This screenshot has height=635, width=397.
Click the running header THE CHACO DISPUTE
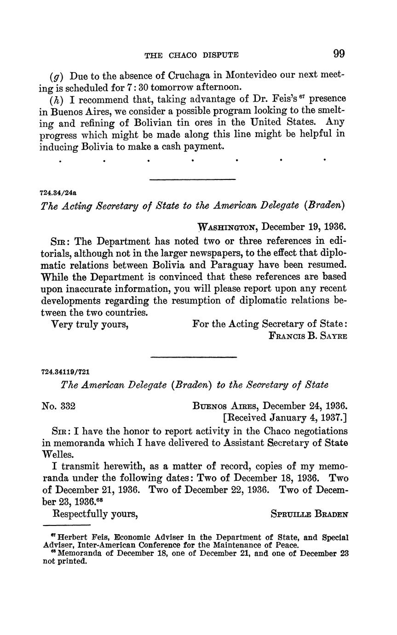click(191, 55)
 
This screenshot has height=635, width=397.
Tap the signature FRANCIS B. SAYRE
click(308, 336)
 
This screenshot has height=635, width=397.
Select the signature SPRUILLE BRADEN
click(310, 514)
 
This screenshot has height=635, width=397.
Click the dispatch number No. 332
click(58, 406)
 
